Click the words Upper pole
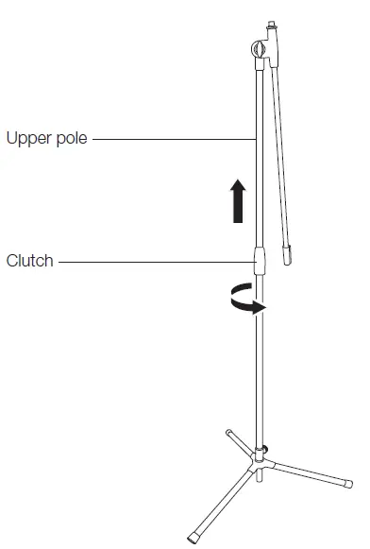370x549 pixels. tap(46, 139)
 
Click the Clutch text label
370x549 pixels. tap(30, 260)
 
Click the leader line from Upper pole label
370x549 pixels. tap(176, 139)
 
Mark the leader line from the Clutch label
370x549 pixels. tap(156, 260)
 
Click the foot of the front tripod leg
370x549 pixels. tap(195, 535)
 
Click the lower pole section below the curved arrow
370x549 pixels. tap(261, 378)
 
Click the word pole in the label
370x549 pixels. tap(72, 139)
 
